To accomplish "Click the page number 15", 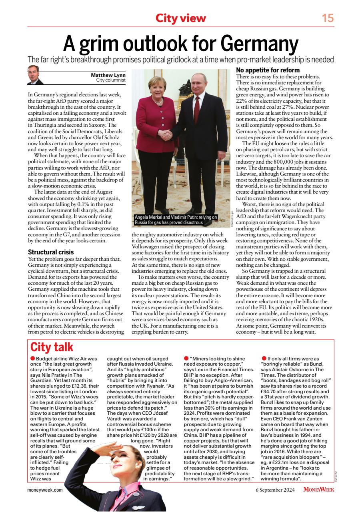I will click(328, 18).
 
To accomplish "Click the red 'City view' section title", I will click(181, 18).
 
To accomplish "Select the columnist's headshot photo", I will click(35, 75).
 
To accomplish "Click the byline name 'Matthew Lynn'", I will click(108, 75).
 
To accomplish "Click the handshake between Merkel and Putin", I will click(166, 135).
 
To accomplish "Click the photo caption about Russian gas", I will click(176, 220).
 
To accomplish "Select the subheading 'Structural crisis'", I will click(51, 252).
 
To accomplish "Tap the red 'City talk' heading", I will click(52, 347).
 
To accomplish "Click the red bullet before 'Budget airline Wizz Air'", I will click(33, 358).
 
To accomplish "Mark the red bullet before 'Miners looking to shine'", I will click(186, 358).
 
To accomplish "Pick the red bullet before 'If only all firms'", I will click(264, 358).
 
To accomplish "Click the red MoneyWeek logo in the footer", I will click(319, 489).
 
